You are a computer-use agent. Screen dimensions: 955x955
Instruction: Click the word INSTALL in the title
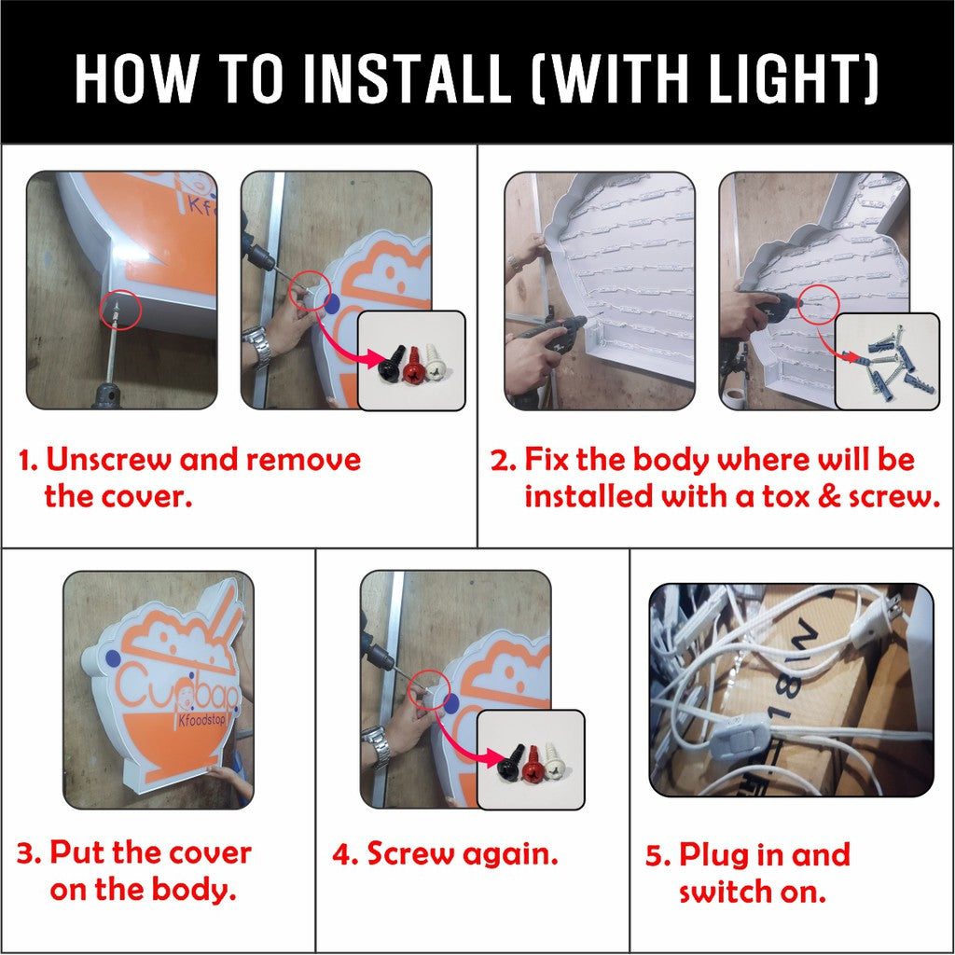click(407, 78)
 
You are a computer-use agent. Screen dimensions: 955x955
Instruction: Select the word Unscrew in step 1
click(109, 459)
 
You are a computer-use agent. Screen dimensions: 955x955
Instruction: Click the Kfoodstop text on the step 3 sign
click(202, 721)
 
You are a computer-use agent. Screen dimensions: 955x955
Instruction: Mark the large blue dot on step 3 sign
click(113, 657)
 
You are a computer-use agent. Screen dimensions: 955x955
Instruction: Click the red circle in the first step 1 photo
click(120, 309)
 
